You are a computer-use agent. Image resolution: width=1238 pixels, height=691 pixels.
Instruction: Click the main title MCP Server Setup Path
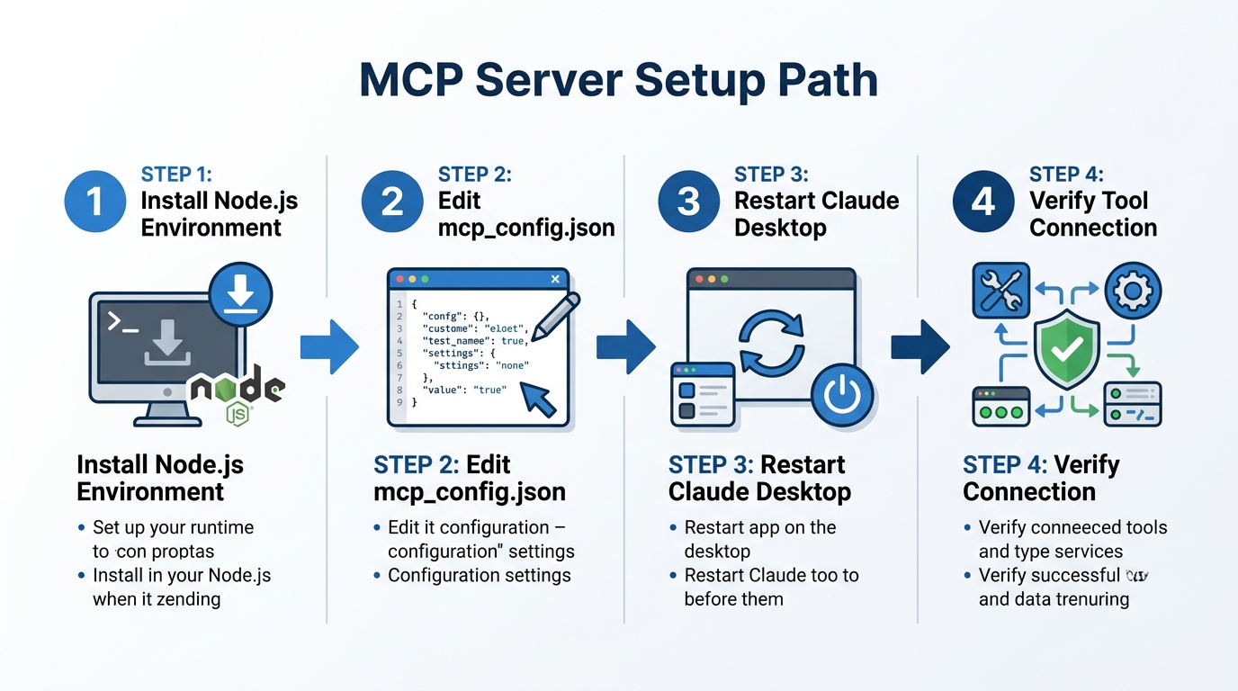point(618,81)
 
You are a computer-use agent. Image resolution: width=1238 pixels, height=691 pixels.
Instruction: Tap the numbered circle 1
point(95,202)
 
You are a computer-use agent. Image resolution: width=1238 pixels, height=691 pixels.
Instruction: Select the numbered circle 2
point(392,202)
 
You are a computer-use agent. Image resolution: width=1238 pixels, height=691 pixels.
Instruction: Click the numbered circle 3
point(688,202)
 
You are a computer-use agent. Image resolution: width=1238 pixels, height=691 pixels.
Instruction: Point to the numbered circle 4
point(983,202)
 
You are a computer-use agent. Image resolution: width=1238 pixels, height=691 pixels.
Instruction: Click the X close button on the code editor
point(555,280)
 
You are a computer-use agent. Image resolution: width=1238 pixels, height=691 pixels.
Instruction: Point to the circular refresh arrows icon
point(770,344)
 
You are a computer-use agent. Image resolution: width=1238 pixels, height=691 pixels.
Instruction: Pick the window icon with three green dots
point(1000,407)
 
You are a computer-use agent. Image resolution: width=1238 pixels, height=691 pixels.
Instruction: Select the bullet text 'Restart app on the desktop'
point(759,539)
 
